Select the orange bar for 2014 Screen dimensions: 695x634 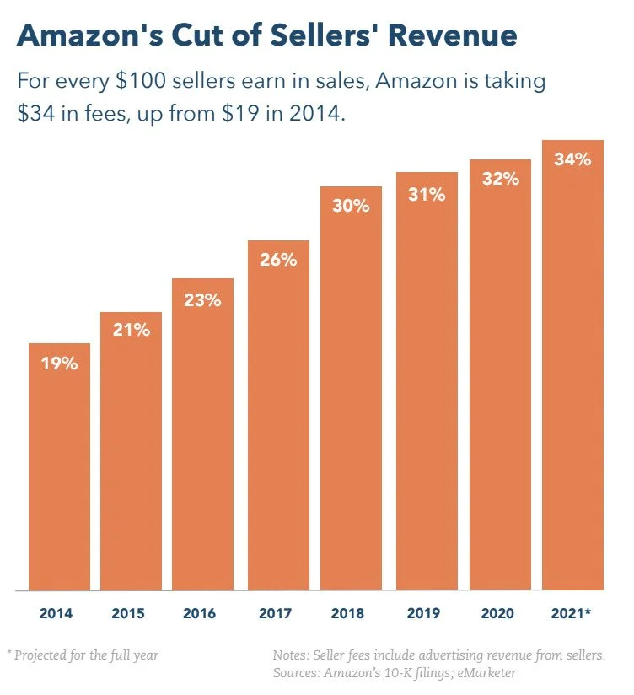pyautogui.click(x=59, y=472)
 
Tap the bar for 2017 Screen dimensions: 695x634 pyautogui.click(x=278, y=422)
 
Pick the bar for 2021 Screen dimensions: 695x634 pyautogui.click(x=572, y=371)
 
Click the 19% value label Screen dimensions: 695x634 pyautogui.click(x=59, y=364)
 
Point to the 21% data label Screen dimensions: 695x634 pyautogui.click(x=132, y=331)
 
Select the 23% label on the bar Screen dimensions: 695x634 pyautogui.click(x=203, y=299)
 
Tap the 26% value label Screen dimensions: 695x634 pyautogui.click(x=278, y=260)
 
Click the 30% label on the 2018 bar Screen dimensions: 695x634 pyautogui.click(x=351, y=205)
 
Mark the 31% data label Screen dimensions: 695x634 pyautogui.click(x=427, y=195)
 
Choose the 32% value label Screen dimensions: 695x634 pyautogui.click(x=500, y=179)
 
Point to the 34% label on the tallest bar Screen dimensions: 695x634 pyautogui.click(x=572, y=159)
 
